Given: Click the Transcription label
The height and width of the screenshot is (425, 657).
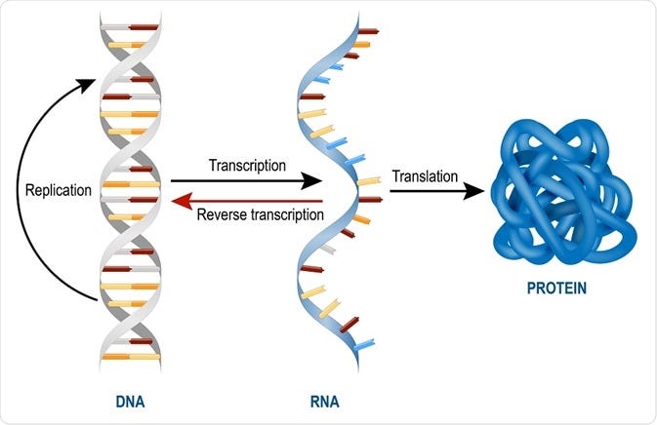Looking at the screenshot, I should [247, 166].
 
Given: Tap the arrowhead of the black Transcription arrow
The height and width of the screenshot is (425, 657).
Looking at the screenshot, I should [313, 181].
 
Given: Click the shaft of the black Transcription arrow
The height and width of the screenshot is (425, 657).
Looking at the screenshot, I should [234, 181].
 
